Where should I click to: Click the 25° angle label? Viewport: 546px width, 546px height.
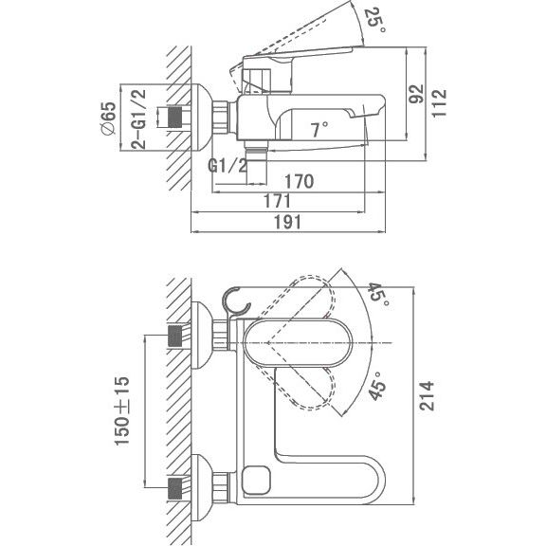(375, 19)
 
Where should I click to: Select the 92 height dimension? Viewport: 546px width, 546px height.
(416, 94)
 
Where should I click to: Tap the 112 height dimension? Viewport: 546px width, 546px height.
(439, 103)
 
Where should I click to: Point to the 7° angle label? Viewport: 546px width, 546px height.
(319, 130)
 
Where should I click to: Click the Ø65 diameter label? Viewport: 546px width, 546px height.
(108, 118)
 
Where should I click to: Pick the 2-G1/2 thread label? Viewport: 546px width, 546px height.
(138, 119)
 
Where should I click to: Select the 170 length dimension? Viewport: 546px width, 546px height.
(300, 181)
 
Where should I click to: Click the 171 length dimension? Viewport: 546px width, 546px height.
(277, 201)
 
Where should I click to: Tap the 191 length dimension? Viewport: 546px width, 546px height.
(287, 222)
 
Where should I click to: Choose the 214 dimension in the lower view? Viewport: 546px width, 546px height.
(427, 396)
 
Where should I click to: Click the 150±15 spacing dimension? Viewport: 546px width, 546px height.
(122, 410)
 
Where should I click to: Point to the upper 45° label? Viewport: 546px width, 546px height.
(379, 294)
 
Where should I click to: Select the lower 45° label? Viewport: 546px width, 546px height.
(376, 386)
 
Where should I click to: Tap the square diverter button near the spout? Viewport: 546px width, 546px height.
(257, 480)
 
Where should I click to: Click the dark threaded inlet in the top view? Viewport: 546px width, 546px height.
(175, 117)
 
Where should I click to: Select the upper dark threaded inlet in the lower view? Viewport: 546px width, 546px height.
(175, 336)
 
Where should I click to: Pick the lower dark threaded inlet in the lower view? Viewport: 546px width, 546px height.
(175, 489)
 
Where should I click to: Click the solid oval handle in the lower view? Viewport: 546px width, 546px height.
(296, 343)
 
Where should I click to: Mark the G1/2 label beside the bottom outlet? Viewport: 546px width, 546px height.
(227, 166)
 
